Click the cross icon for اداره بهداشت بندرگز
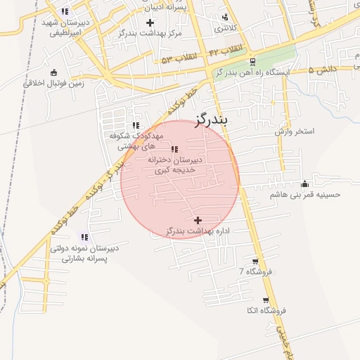(198, 221)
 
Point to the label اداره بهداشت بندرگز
(198, 231)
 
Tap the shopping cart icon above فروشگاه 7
(255, 261)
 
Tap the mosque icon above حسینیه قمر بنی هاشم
(304, 184)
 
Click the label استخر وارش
(295, 131)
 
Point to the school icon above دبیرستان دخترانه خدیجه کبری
(174, 149)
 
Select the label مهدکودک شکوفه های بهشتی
(136, 141)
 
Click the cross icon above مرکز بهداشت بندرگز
(149, 23)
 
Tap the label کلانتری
(226, 29)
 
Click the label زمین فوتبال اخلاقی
(54, 82)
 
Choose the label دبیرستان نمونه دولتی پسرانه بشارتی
(84, 253)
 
